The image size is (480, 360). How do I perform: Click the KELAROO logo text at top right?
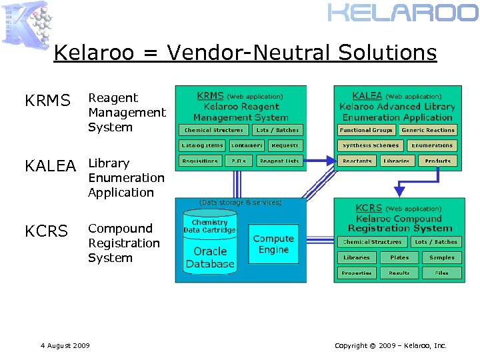click(402, 13)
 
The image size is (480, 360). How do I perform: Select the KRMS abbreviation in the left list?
click(47, 101)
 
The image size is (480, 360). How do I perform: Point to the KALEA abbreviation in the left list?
click(50, 166)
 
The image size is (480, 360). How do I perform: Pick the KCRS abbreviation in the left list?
click(46, 231)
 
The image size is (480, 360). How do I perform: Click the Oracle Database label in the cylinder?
click(210, 257)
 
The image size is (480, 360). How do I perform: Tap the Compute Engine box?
click(273, 244)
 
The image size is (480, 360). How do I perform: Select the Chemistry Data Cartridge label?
click(210, 226)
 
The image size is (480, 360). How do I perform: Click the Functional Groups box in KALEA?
click(365, 130)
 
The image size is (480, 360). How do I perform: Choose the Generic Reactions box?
click(428, 130)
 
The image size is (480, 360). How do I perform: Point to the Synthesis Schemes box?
click(370, 145)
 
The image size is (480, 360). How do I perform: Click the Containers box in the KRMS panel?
click(247, 145)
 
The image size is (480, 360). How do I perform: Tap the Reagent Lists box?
click(279, 161)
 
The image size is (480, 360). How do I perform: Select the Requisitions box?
click(200, 161)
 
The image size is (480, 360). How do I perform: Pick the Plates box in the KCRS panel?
click(399, 257)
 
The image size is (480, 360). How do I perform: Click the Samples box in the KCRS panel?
click(441, 257)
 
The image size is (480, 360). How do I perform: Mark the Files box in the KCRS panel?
click(441, 273)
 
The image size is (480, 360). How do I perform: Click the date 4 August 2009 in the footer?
click(65, 345)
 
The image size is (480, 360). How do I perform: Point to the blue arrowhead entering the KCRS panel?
click(399, 193)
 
